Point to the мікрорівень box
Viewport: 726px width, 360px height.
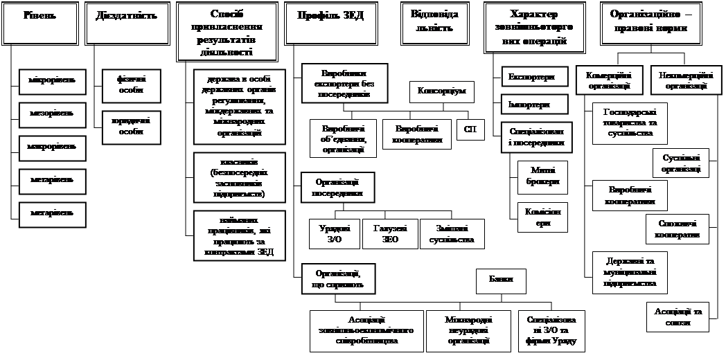(47, 80)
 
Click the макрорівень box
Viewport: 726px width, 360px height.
(47, 147)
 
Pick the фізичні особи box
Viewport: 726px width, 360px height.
(125, 85)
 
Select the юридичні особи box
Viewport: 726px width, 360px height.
(125, 126)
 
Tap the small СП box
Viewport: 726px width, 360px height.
(470, 129)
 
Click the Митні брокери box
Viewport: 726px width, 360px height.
(542, 177)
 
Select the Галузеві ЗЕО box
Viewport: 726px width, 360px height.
(390, 234)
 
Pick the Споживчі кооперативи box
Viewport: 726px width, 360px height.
(678, 229)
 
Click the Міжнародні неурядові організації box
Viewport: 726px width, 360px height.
(469, 330)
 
